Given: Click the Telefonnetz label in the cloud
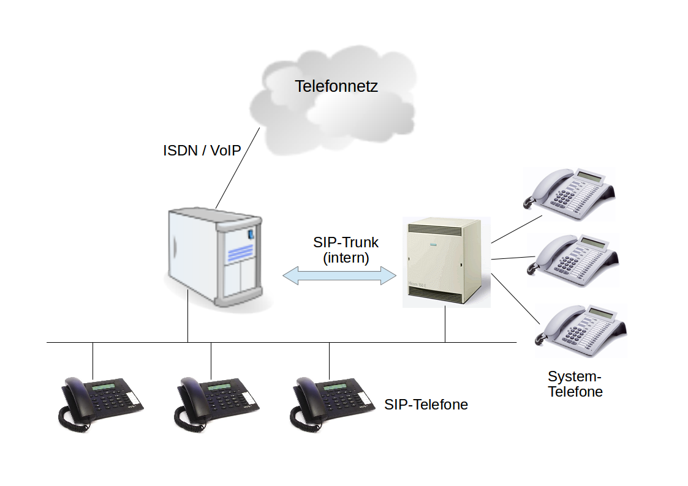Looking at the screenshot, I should click(336, 86).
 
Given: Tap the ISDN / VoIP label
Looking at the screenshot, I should click(201, 151).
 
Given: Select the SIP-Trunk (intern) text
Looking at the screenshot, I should click(346, 250).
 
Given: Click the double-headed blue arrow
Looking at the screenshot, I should click(339, 275).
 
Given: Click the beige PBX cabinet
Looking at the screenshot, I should click(445, 262).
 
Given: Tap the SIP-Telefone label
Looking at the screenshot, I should click(426, 405).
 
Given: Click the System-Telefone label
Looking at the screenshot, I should click(575, 384).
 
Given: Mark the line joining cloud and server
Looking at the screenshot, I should click(238, 168).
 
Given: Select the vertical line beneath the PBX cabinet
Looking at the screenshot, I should click(445, 324).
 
